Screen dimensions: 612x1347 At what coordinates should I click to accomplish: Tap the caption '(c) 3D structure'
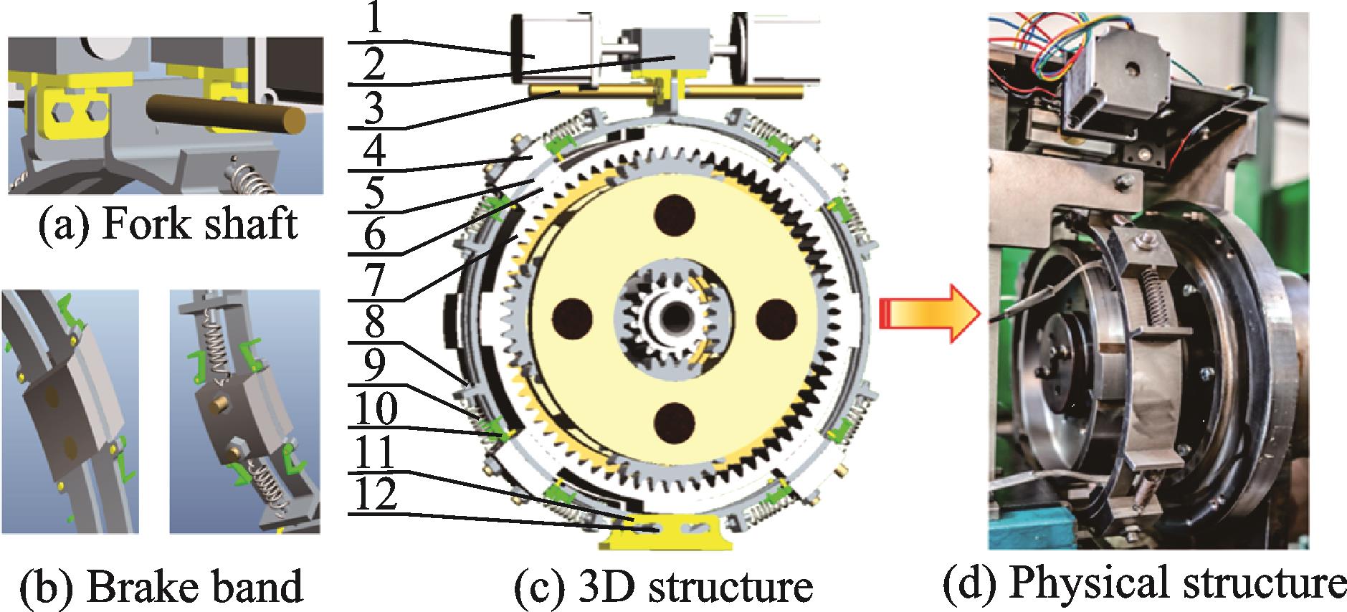click(664, 587)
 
